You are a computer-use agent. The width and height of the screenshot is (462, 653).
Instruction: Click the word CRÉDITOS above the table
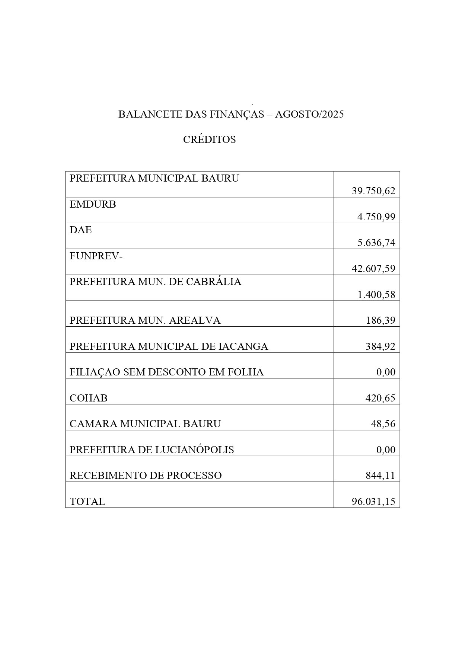[209, 140]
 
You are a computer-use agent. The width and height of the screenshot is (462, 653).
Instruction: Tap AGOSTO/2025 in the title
[309, 114]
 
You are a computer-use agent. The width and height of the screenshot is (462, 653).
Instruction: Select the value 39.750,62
[373, 191]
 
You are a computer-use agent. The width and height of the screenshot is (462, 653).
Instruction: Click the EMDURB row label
[93, 204]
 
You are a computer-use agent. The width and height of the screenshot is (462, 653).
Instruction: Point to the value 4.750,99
[376, 217]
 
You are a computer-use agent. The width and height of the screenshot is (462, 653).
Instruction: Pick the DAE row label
[80, 230]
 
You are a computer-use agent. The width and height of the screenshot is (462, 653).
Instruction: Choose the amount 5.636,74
[376, 243]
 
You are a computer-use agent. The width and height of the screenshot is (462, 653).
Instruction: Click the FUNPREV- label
[96, 256]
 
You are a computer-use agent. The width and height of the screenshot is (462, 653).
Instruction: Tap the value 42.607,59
[373, 269]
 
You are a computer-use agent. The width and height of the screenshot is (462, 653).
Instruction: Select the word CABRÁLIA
[214, 282]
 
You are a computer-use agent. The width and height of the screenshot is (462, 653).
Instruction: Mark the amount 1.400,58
[376, 295]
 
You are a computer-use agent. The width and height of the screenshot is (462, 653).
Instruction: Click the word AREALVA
[195, 320]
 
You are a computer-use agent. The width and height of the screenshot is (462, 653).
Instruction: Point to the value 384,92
[380, 346]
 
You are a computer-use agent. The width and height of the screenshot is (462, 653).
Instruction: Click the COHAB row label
[88, 398]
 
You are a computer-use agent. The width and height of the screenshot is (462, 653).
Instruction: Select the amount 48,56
[383, 424]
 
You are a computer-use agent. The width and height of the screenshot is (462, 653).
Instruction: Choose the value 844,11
[380, 476]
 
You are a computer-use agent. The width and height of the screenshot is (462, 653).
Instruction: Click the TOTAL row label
[87, 502]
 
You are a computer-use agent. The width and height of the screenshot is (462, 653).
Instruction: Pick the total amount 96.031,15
[373, 502]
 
